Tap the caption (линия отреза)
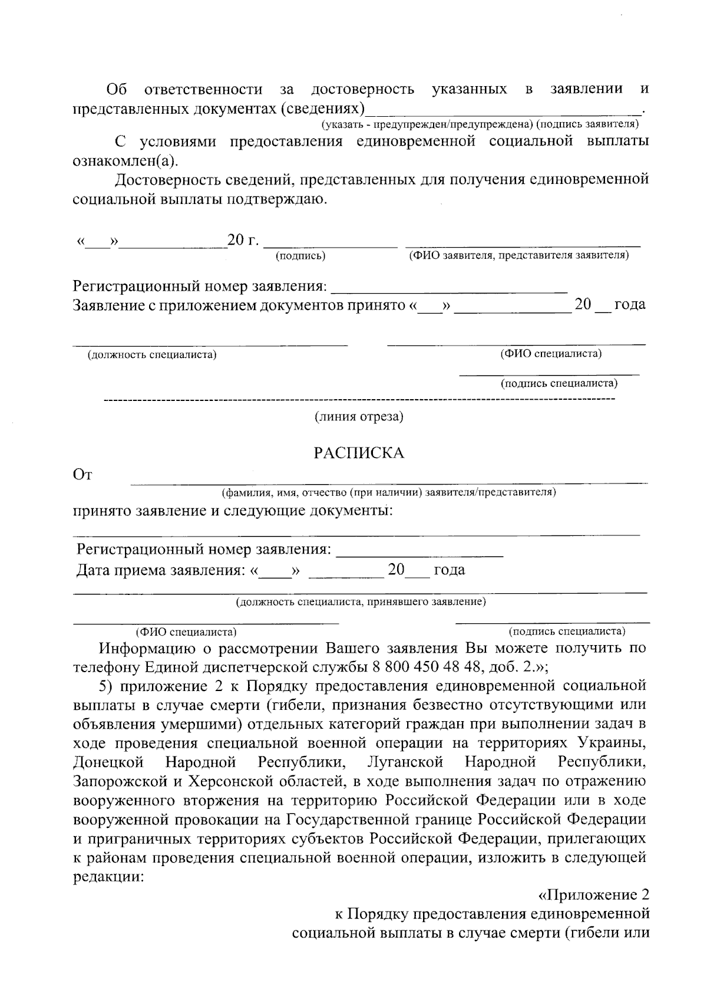(x=359, y=417)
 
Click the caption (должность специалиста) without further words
(x=152, y=355)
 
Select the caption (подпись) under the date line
(x=300, y=256)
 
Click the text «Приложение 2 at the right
(x=594, y=894)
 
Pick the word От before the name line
(x=82, y=475)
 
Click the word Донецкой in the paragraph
(x=109, y=762)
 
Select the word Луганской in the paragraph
(x=405, y=762)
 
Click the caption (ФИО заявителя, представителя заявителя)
(x=519, y=255)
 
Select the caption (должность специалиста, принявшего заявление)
(x=361, y=602)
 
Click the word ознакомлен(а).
(x=125, y=161)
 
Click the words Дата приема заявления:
(x=160, y=570)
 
